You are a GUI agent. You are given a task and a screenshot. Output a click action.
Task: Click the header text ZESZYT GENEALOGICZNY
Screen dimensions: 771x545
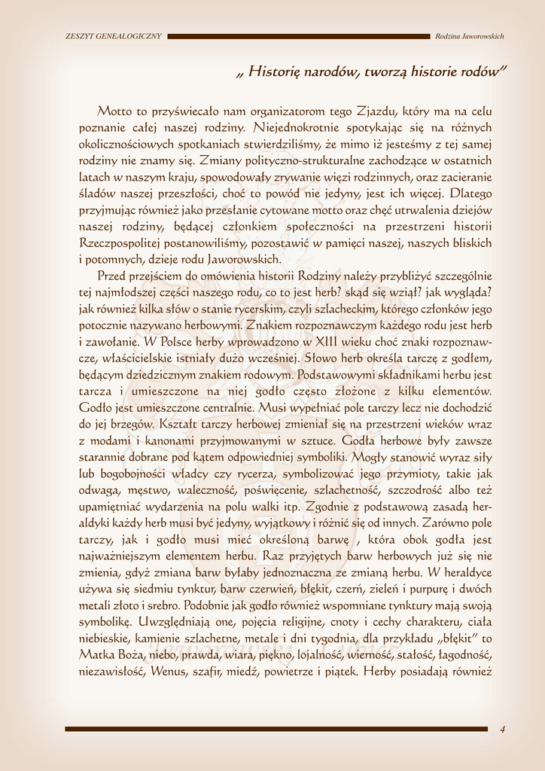click(x=114, y=36)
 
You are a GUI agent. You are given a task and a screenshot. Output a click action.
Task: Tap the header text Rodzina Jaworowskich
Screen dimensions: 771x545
click(x=470, y=36)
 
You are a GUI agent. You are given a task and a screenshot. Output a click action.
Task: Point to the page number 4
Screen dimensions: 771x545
click(x=502, y=728)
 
